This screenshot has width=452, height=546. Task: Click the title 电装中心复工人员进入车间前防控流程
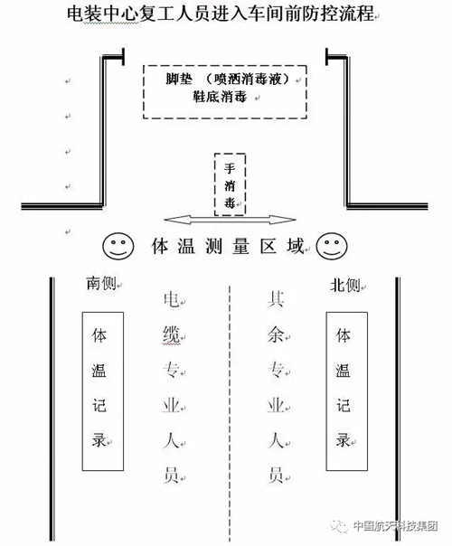(x=221, y=14)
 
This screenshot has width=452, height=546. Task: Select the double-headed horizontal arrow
(x=230, y=220)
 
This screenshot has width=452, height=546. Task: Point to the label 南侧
(x=101, y=284)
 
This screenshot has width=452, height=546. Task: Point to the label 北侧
(x=344, y=286)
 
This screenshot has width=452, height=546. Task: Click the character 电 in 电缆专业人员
(x=172, y=300)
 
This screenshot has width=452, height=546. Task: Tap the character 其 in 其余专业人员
(x=276, y=299)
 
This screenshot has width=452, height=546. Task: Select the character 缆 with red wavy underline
(x=172, y=334)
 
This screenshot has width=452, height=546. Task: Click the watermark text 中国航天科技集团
(x=395, y=525)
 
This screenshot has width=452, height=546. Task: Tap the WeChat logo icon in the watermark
(x=340, y=526)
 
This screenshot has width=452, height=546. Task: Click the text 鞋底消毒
(x=220, y=96)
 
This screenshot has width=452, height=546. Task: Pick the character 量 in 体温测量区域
(x=241, y=246)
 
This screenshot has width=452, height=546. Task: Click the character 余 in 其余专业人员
(x=276, y=335)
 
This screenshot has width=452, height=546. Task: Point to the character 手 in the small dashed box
(x=230, y=168)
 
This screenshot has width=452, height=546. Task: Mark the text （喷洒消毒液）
(x=248, y=80)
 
